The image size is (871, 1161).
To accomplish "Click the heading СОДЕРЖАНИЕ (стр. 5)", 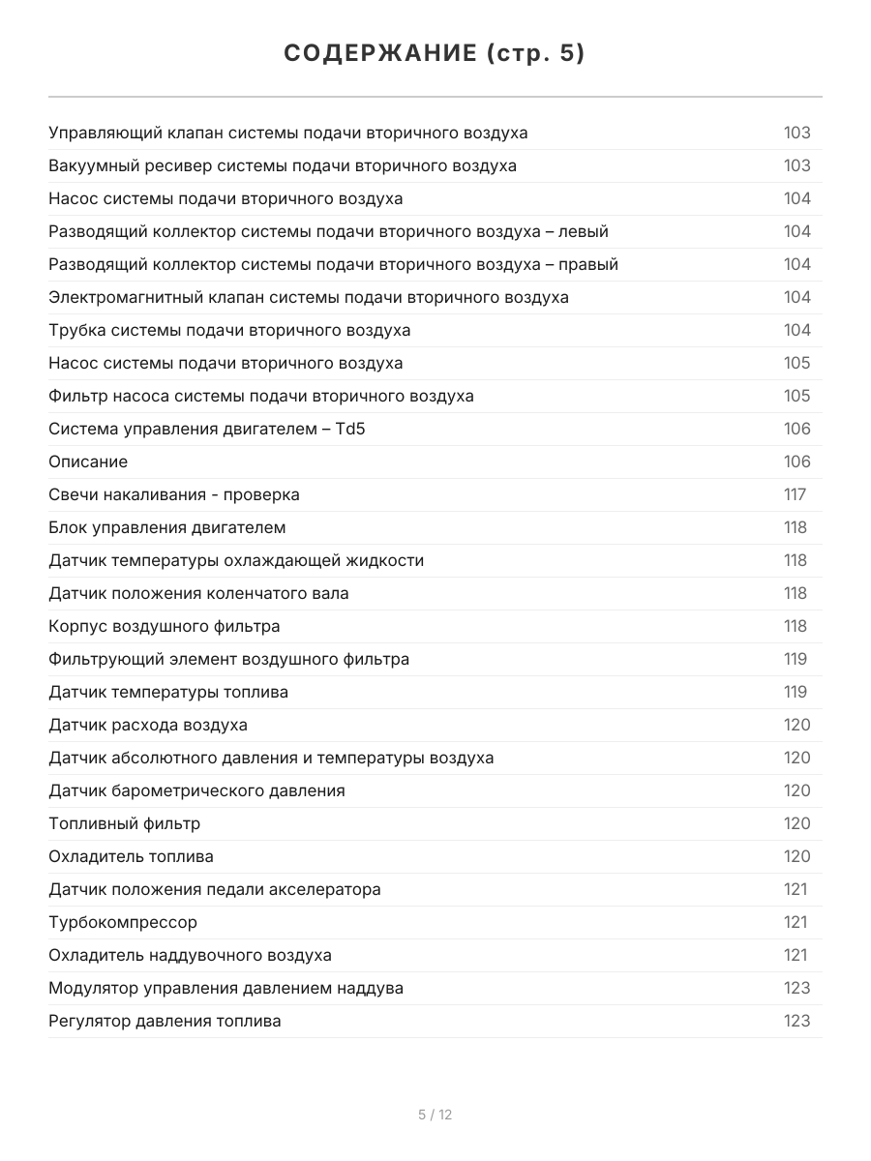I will (435, 54).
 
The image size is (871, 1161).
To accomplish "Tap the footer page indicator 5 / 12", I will (435, 1115).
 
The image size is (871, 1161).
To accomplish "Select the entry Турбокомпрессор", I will (123, 922).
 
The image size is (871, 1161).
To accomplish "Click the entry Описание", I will (88, 461).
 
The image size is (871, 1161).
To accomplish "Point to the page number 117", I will (795, 494).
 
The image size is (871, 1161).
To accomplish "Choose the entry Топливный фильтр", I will (125, 823).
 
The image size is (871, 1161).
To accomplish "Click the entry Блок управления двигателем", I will (167, 527).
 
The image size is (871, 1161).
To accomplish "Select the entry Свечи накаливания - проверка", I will (174, 494).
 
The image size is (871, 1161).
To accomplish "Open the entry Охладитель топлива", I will (132, 856).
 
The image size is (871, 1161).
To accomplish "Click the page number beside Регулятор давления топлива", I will (796, 1021).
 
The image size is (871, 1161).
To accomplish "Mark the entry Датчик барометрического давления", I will (196, 790).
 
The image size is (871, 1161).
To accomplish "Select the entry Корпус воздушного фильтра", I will (165, 626).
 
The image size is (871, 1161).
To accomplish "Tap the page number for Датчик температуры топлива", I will (795, 692).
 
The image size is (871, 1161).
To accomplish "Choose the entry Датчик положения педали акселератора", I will (215, 889).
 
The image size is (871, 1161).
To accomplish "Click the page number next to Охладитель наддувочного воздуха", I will (795, 955).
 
